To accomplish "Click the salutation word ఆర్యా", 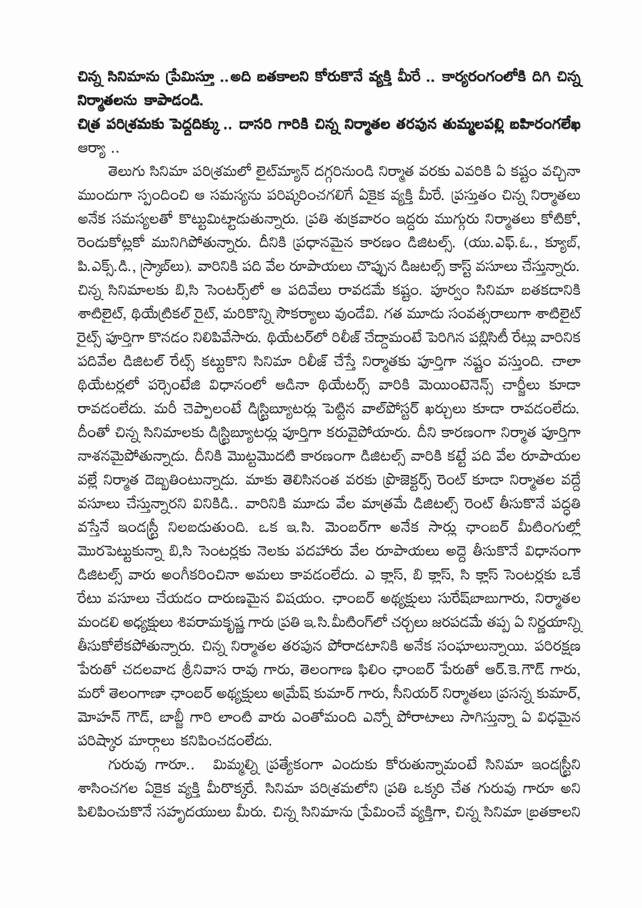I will tap(91, 150).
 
